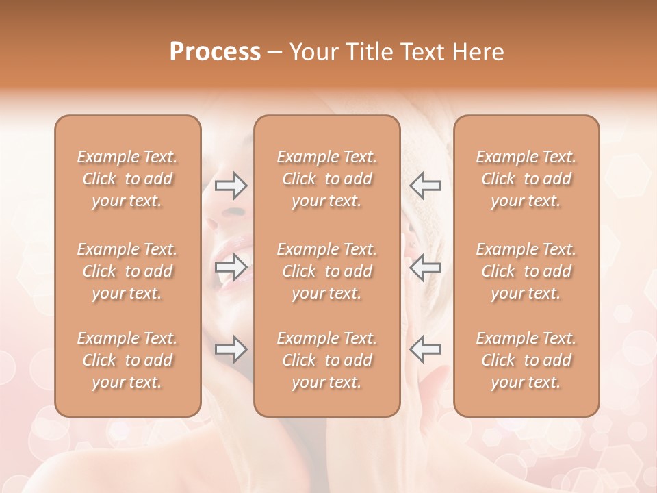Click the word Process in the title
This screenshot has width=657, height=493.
coord(215,52)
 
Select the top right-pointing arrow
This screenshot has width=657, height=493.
coord(231,185)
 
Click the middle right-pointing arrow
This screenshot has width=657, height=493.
coord(231,267)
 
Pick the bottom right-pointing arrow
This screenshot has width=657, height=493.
coord(231,349)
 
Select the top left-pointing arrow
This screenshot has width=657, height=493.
coord(425,185)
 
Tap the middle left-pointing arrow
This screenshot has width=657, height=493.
coord(425,267)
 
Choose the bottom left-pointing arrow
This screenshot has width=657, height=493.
coord(425,349)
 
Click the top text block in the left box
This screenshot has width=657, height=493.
coord(127,179)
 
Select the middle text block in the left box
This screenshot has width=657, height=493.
coord(127,271)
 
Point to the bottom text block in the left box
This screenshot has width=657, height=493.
coord(127,360)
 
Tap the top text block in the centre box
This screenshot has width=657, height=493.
coord(326,179)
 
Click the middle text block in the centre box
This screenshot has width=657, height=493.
coord(326,271)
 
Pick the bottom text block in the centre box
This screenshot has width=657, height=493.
coord(326,360)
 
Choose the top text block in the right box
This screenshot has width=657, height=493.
coord(526,179)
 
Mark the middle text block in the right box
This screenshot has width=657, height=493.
coord(526,271)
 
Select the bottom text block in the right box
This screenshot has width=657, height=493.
coord(526,360)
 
